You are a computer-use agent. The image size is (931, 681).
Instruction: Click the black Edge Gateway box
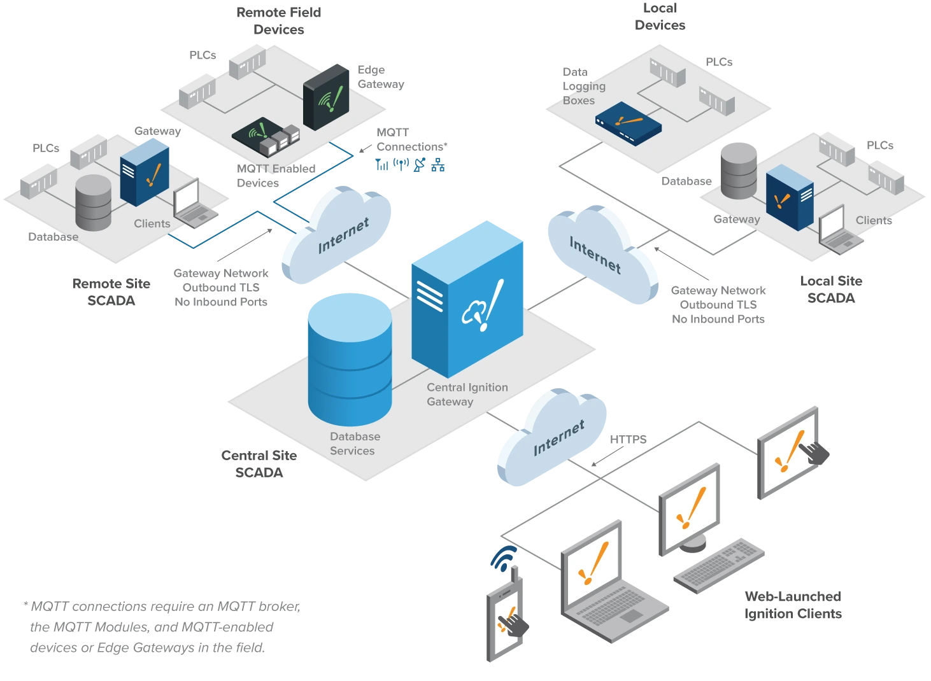[326, 97]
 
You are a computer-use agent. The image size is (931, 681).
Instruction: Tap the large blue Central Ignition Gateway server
[467, 299]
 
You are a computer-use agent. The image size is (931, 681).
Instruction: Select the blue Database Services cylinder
[350, 360]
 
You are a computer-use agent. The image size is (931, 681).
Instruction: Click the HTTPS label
[628, 439]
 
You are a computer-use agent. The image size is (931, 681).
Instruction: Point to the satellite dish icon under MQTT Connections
[420, 165]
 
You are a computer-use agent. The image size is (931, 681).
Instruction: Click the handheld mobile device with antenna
[506, 615]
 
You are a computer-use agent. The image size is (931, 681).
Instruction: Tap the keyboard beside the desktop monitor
[719, 566]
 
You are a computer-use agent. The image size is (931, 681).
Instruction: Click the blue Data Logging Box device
[628, 123]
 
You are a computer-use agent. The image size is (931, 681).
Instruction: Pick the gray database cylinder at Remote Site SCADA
[93, 202]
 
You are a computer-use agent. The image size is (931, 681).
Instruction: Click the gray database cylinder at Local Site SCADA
[739, 171]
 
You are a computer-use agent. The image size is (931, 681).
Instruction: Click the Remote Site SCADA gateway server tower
[144, 172]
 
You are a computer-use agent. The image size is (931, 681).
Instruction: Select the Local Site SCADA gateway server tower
[789, 197]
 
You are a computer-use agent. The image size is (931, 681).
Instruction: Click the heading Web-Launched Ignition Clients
[793, 605]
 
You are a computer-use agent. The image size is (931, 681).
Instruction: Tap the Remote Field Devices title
[278, 21]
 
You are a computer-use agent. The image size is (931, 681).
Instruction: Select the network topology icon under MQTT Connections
[437, 165]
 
